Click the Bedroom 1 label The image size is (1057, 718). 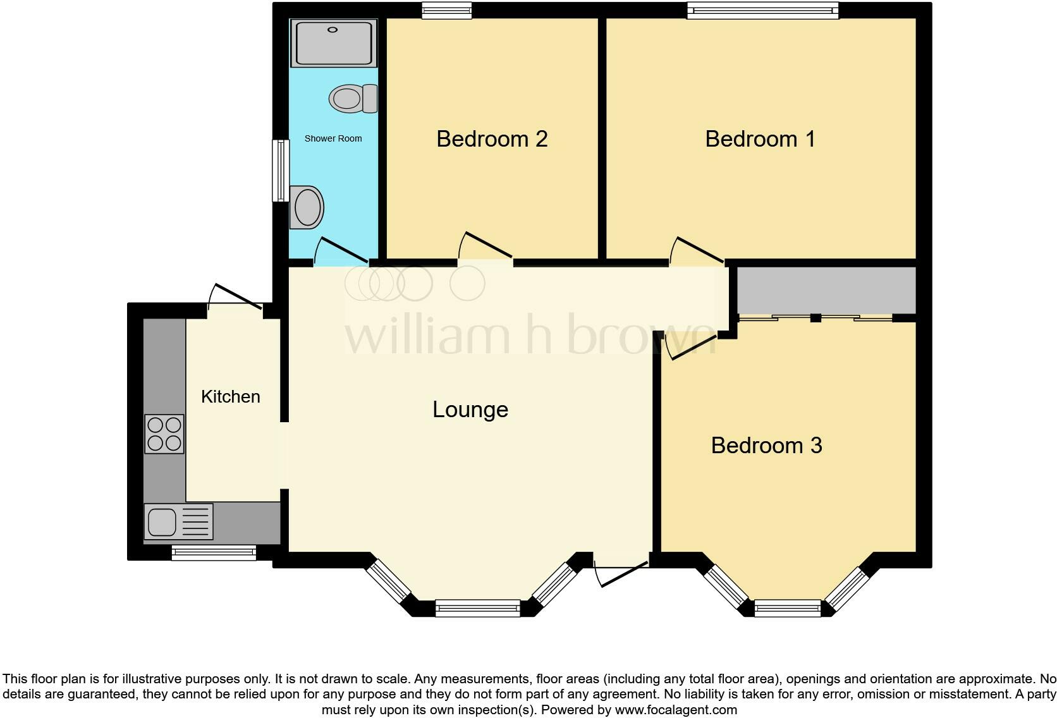coord(760,139)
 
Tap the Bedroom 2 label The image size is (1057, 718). coord(492,139)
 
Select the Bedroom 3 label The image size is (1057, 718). coord(766,446)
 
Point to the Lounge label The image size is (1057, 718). coord(470,410)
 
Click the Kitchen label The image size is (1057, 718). coord(231,397)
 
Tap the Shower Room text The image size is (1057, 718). coord(333,138)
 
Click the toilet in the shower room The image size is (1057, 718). coord(353,99)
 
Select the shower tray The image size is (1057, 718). coord(334,43)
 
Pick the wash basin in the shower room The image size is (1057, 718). coord(307,207)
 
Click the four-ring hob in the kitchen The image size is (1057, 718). coord(164,434)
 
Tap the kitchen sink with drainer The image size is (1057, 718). coord(178,522)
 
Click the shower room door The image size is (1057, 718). coord(341,250)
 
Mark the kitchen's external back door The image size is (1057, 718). coord(235,297)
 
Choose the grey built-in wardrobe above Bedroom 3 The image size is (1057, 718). coord(826,290)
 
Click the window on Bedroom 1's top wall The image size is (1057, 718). coord(763,10)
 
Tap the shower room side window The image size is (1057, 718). coord(281,171)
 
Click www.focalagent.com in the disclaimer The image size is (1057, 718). coord(676,710)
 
